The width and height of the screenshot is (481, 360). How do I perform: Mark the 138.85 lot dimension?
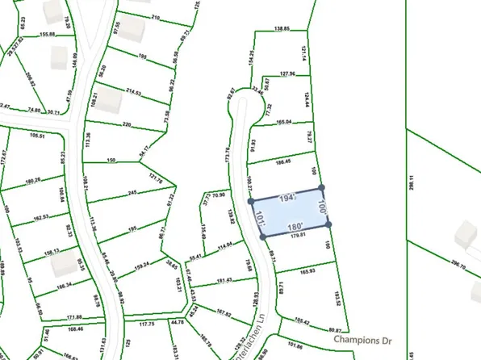pyautogui.click(x=281, y=29)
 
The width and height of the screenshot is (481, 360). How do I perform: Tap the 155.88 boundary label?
pyautogui.click(x=47, y=35)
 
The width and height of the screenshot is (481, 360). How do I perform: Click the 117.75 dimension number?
pyautogui.click(x=146, y=324)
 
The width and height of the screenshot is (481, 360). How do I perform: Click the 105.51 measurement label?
pyautogui.click(x=37, y=136)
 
